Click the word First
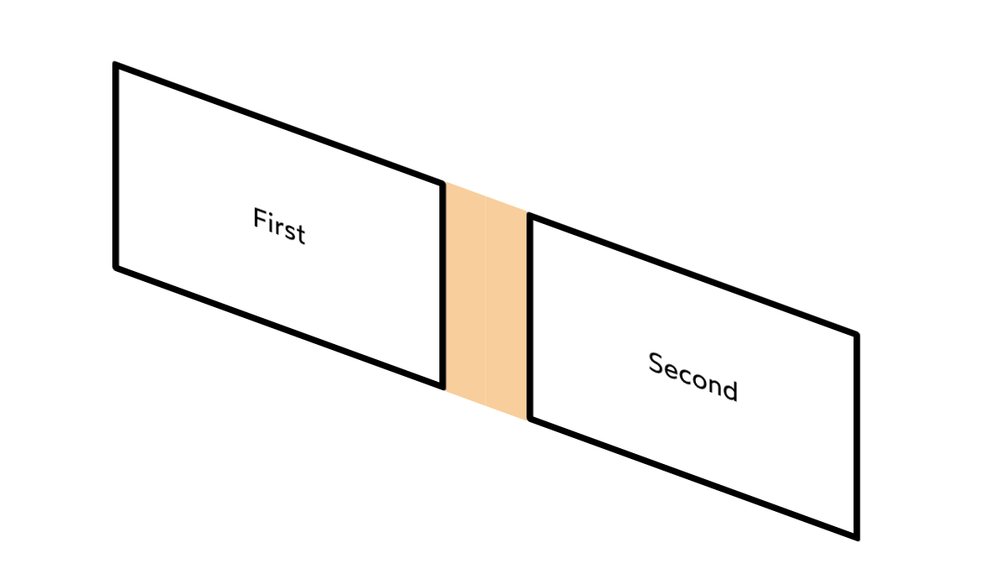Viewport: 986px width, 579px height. click(279, 227)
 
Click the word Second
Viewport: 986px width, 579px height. click(693, 377)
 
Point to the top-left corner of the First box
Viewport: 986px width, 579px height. click(116, 65)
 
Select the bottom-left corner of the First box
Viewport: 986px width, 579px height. click(116, 268)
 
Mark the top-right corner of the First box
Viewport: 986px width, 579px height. click(442, 183)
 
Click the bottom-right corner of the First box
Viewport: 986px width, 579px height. click(442, 387)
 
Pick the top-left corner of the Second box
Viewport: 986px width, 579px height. click(530, 216)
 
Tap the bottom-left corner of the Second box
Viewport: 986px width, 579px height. click(530, 419)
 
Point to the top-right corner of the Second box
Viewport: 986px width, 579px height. click(856, 335)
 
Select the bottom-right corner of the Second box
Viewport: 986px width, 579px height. click(856, 537)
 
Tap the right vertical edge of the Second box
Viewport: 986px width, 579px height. click(856, 436)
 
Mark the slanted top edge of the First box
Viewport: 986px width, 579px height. click(278, 123)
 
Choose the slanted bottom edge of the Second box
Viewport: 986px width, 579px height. click(693, 477)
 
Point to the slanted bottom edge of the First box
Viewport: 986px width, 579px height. click(278, 327)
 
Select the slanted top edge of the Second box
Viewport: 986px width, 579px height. click(693, 275)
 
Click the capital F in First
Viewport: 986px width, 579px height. click(258, 219)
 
